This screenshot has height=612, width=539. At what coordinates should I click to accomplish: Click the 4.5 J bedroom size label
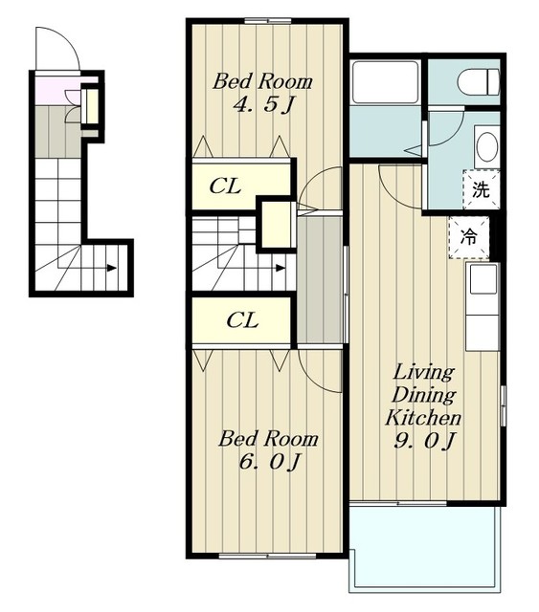pyautogui.click(x=263, y=104)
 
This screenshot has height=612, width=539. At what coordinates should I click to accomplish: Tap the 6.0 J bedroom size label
pyautogui.click(x=269, y=462)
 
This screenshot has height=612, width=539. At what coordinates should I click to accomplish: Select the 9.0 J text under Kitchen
pyautogui.click(x=424, y=441)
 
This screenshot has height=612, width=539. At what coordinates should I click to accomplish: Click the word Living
pyautogui.click(x=424, y=372)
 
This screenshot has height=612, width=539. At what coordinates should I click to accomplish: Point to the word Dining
pyautogui.click(x=424, y=395)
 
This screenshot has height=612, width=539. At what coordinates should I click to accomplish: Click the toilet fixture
pyautogui.click(x=479, y=82)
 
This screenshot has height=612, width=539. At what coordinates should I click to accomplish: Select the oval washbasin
pyautogui.click(x=487, y=147)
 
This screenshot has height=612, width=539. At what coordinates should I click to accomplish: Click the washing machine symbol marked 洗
pyautogui.click(x=482, y=189)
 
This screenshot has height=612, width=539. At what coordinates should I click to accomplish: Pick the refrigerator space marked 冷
pyautogui.click(x=469, y=237)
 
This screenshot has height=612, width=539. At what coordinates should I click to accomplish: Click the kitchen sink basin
pyautogui.click(x=483, y=279)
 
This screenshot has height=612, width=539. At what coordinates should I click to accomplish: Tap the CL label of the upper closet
pyautogui.click(x=225, y=186)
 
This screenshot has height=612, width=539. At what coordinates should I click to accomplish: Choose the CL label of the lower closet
pyautogui.click(x=242, y=320)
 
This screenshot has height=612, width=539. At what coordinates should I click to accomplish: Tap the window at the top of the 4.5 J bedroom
pyautogui.click(x=268, y=21)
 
